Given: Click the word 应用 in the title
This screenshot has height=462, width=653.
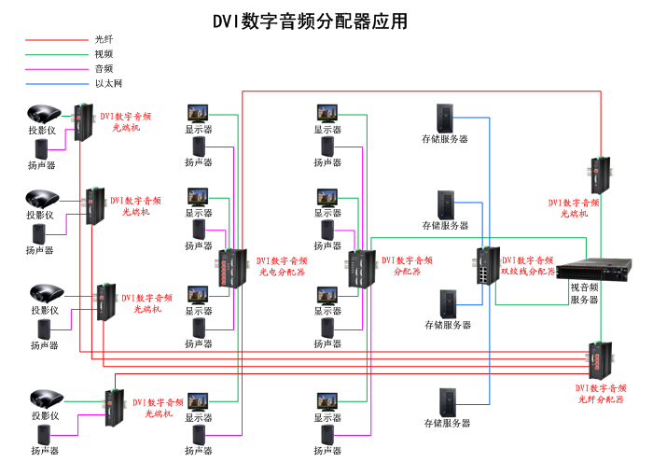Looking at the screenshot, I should [391, 21].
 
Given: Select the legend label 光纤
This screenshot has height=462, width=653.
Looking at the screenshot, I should [104, 40].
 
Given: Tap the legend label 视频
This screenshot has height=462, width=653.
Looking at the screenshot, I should [104, 55].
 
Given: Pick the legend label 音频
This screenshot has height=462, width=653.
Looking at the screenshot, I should [104, 69].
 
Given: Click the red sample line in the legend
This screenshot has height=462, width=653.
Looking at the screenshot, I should [55, 40].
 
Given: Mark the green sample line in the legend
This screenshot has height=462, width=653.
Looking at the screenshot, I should [55, 55].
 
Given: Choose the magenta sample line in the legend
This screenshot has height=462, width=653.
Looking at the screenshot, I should [55, 69].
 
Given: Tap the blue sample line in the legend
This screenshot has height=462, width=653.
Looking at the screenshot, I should [55, 83].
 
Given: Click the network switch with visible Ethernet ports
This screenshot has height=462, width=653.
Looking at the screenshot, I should [487, 266].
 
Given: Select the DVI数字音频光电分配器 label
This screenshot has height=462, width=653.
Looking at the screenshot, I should [283, 267].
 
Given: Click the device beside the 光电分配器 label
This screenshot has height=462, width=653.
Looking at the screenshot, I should [230, 268].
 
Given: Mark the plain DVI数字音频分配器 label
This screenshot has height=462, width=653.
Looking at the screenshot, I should [407, 266].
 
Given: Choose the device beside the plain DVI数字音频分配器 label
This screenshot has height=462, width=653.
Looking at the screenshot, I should [361, 269].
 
